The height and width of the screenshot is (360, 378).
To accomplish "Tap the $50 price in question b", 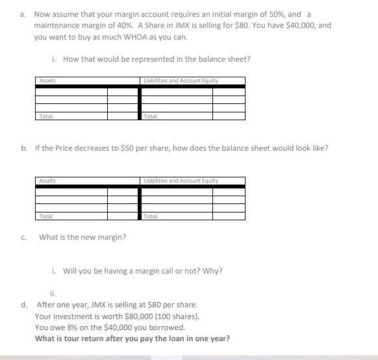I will tap(129, 148).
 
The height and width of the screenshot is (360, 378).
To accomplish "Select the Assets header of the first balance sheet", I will tap(47, 81).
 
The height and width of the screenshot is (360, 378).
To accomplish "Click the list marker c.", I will tap(23, 237).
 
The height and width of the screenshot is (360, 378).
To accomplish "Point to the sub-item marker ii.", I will tap(53, 292).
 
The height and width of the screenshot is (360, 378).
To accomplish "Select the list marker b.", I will tap(23, 148).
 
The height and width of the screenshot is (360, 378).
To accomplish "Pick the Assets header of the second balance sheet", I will tap(47, 180).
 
